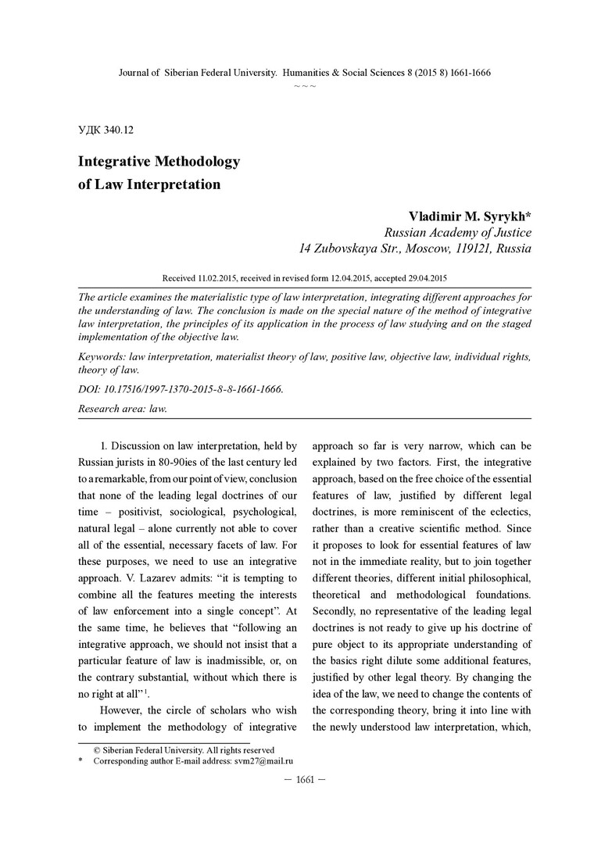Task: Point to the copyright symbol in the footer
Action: tap(98, 749)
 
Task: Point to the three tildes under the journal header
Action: tap(305, 85)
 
